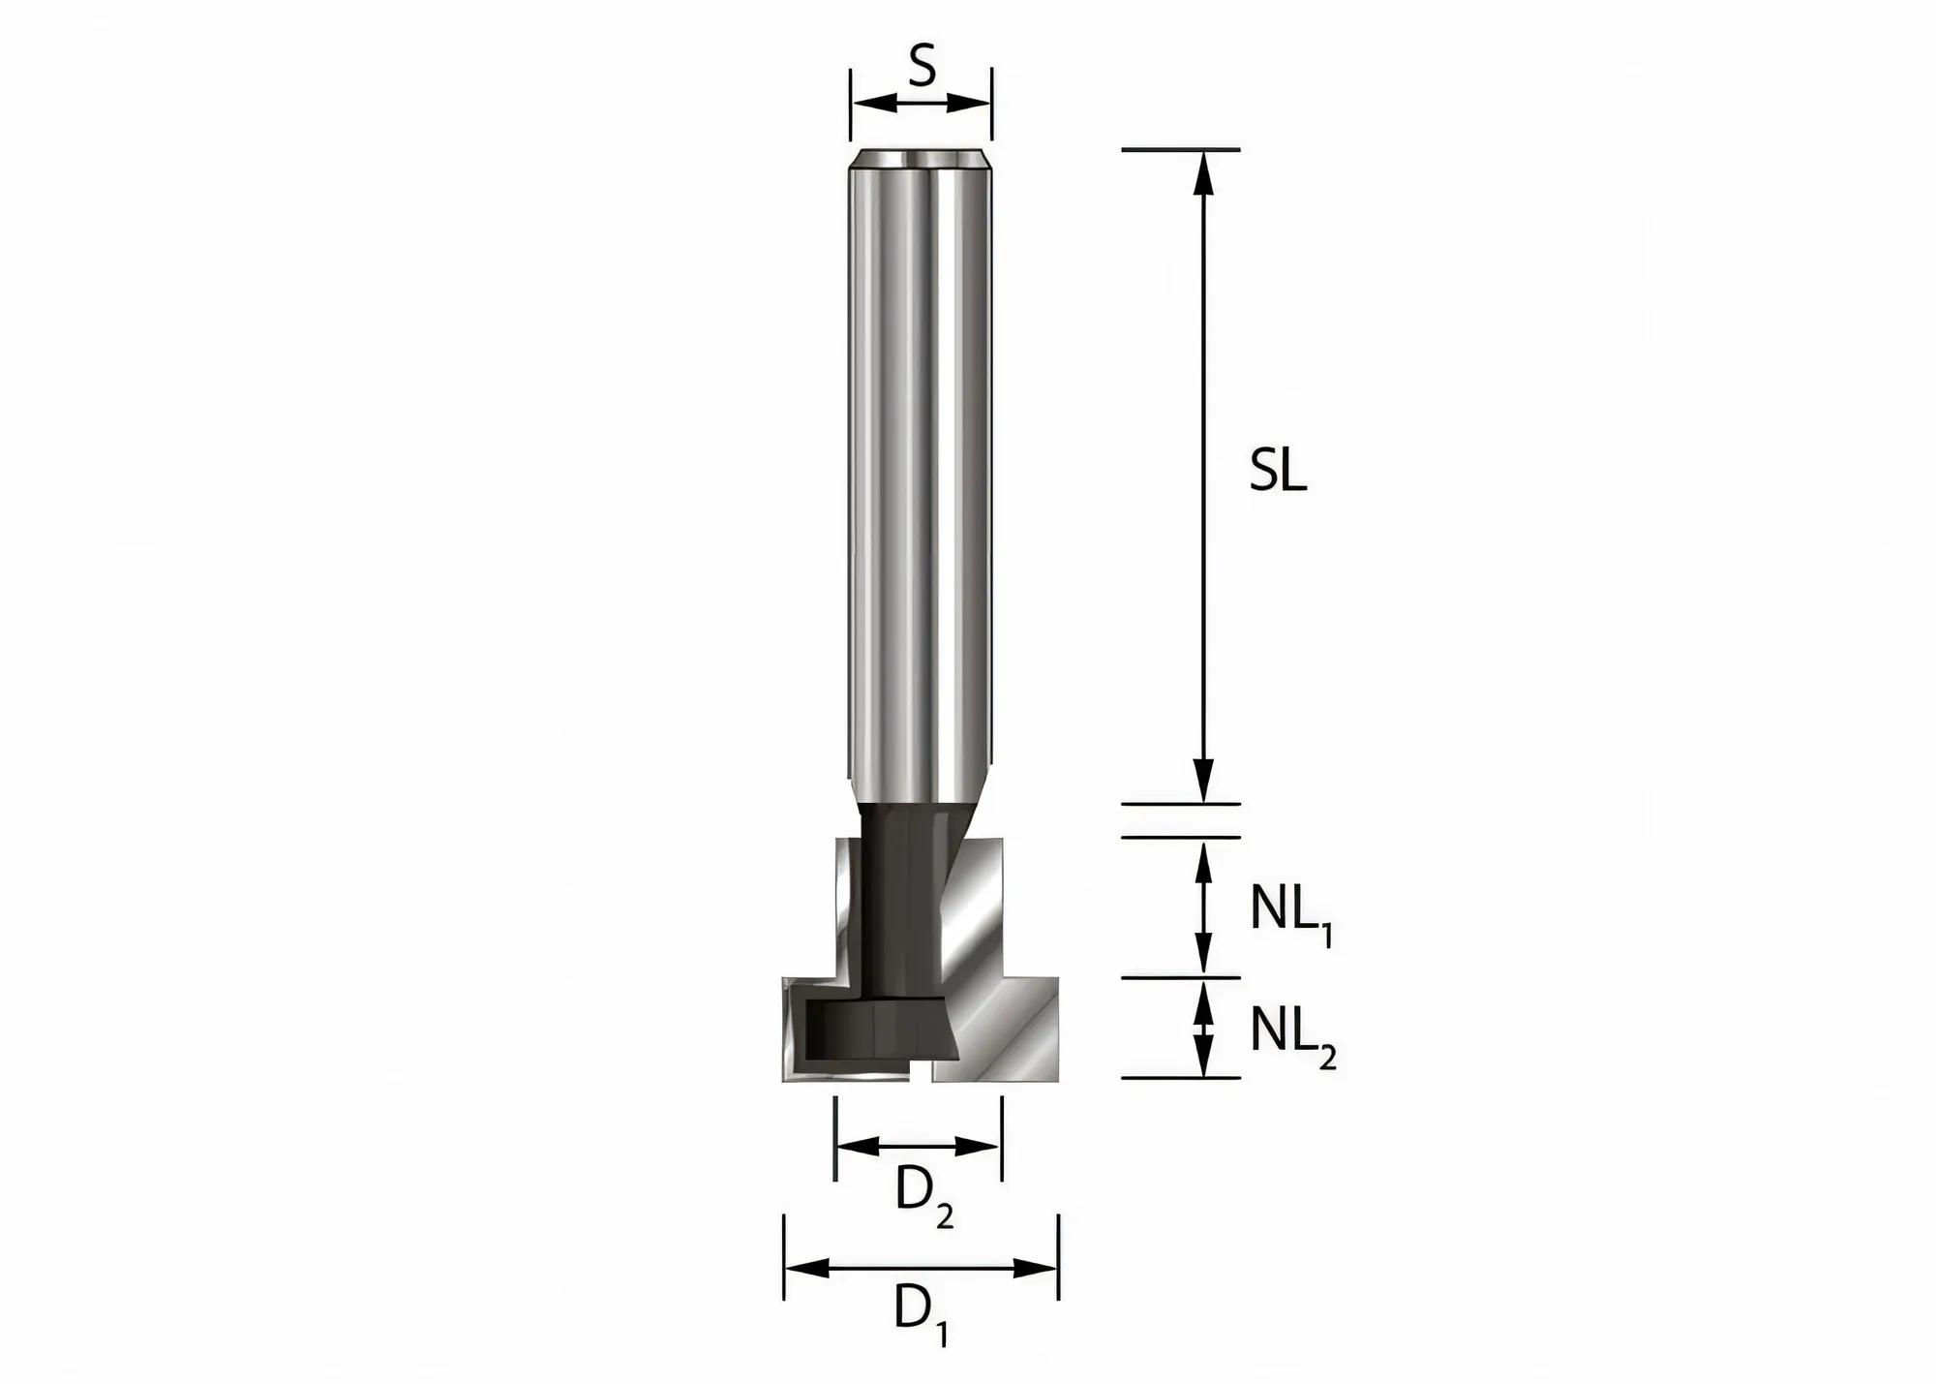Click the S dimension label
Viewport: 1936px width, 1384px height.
[923, 70]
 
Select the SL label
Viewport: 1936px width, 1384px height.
[1278, 472]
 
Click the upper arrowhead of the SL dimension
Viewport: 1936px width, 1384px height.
[1203, 169]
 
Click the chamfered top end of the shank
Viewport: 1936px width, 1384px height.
[921, 159]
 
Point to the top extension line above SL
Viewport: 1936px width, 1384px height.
[1180, 149]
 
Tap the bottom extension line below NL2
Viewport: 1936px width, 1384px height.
[1180, 1077]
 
